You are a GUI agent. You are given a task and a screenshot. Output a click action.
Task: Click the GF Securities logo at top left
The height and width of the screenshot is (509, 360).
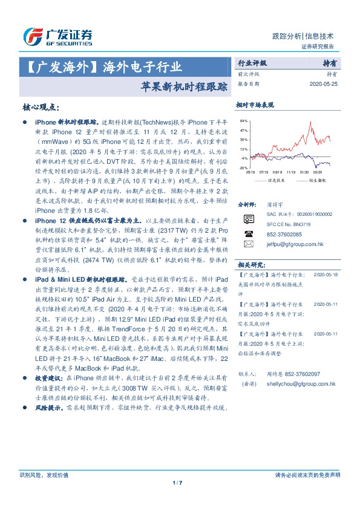(57, 37)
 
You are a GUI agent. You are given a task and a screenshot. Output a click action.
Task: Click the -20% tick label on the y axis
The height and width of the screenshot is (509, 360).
(243, 167)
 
